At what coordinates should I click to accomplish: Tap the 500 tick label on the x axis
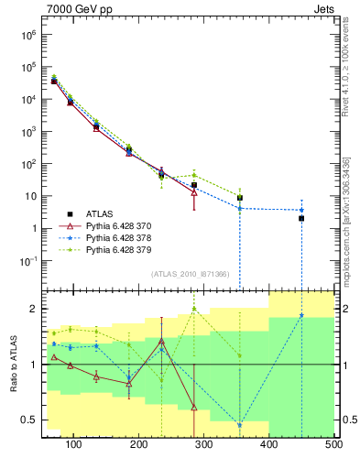click(x=333, y=444)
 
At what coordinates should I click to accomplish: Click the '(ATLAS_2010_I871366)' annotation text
click(x=191, y=274)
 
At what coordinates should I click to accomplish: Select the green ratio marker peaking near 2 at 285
click(x=194, y=309)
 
